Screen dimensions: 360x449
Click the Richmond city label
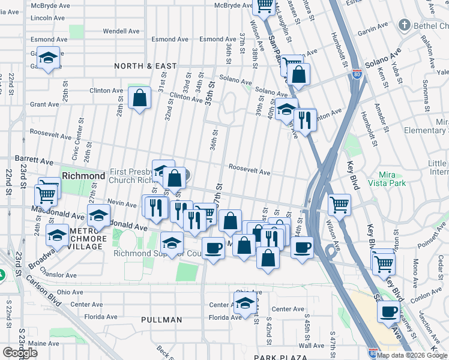pyautogui.click(x=84, y=176)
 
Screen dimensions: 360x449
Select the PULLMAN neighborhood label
pyautogui.click(x=161, y=320)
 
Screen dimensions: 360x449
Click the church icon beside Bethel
pyautogui.click(x=405, y=25)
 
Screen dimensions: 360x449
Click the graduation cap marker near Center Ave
pyautogui.click(x=245, y=304)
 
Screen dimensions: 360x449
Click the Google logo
pyautogui.click(x=20, y=353)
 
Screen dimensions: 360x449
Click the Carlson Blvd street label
pyautogui.click(x=42, y=292)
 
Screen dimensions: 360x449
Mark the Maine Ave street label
pyautogui.click(x=44, y=344)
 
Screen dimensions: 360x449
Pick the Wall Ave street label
pyautogui.click(x=312, y=345)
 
